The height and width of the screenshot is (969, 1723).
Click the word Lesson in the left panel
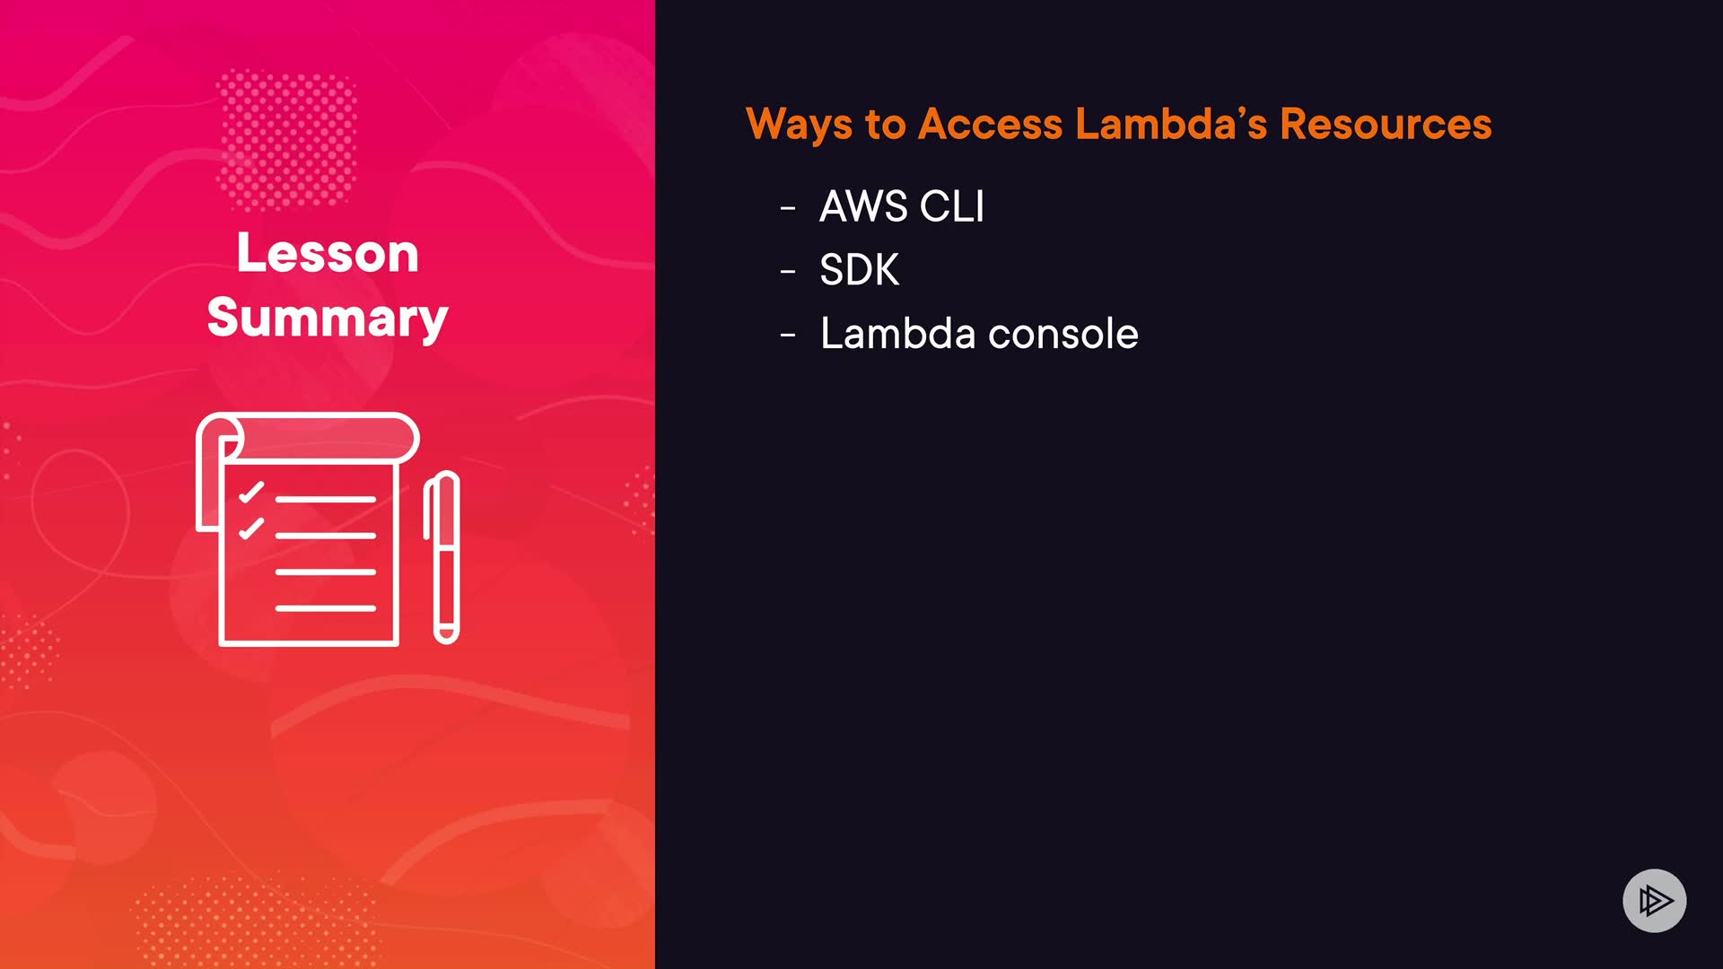coord(328,253)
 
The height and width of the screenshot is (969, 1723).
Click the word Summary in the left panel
coord(328,318)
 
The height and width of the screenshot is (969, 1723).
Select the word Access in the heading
coord(990,124)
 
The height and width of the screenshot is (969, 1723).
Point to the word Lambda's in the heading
coord(1171,124)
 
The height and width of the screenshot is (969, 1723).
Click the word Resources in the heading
coord(1386,124)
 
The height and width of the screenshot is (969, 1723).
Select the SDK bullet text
coord(859,270)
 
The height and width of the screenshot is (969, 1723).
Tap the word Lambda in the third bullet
coord(897,334)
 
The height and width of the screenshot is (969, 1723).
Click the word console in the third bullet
coord(1063,335)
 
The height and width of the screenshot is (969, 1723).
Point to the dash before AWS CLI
coord(788,209)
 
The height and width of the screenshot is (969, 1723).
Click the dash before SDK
coord(788,272)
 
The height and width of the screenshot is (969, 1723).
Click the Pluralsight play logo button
coord(1654,900)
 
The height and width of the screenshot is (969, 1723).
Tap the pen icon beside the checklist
coord(442,556)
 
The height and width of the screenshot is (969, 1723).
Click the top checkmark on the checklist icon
coord(251,493)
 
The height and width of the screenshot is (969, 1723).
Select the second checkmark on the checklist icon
coord(251,528)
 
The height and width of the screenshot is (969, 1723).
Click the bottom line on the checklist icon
coord(325,608)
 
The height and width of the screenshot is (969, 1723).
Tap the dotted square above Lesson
coord(287,139)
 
